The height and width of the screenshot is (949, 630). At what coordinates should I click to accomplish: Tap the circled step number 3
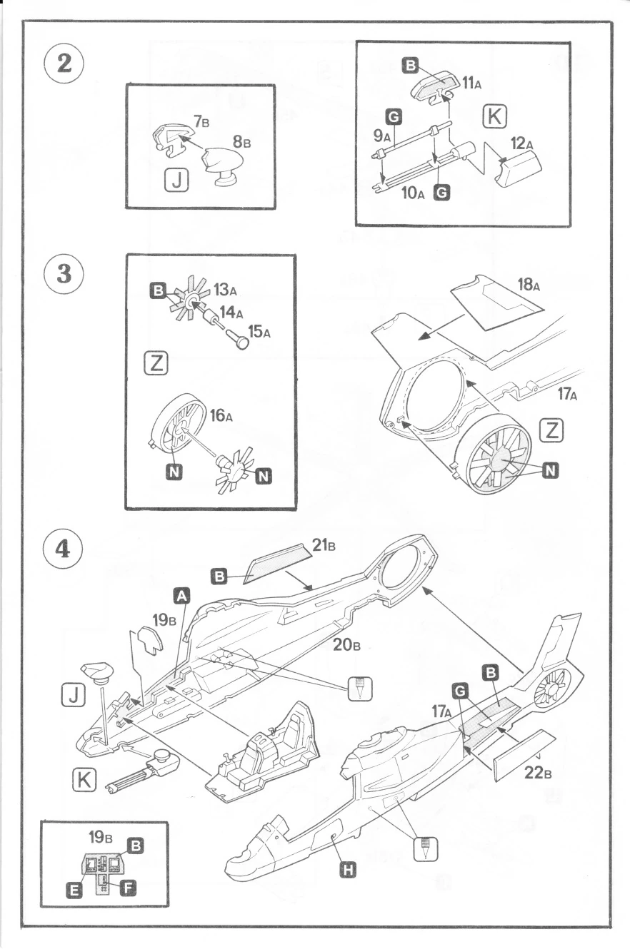tap(64, 275)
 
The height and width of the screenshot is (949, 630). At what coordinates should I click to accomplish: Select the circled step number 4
tap(64, 550)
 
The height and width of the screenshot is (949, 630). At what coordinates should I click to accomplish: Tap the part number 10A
tap(413, 193)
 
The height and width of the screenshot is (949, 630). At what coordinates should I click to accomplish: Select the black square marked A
tap(183, 594)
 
